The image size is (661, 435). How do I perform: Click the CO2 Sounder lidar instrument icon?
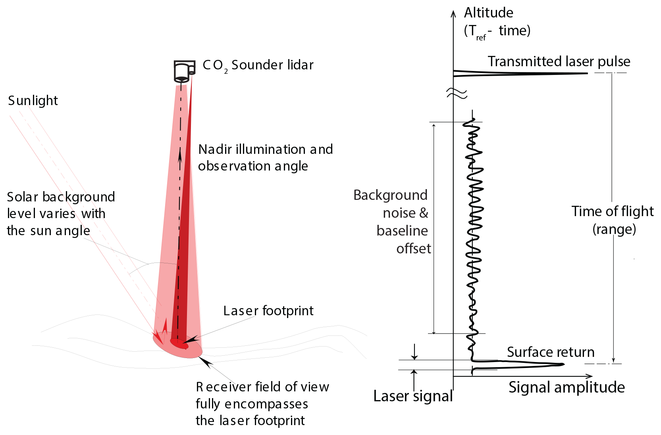(184, 71)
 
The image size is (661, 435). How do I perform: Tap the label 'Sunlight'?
(33, 101)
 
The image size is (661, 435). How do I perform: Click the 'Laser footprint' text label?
(268, 310)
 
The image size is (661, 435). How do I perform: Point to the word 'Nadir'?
(215, 149)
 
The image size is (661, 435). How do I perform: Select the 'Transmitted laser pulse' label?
(559, 61)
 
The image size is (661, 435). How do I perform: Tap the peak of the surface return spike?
(563, 364)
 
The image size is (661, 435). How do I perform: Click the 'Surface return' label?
(551, 352)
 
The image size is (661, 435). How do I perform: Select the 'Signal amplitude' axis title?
(567, 387)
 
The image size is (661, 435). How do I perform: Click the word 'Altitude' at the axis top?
(489, 13)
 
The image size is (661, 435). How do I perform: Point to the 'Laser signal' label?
(413, 396)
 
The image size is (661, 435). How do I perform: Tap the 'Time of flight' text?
(612, 211)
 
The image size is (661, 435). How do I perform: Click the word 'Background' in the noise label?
(390, 195)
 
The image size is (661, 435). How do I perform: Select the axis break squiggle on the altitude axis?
(457, 94)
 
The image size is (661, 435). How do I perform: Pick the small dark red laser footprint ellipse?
(179, 343)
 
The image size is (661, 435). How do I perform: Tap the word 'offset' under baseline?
(413, 249)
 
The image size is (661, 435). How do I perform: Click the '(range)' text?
(614, 229)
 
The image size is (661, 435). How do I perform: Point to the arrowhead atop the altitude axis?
(453, 13)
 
